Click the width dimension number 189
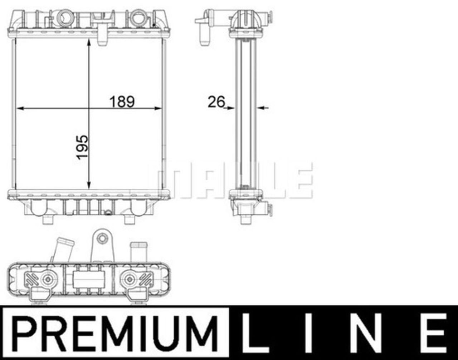click(122, 102)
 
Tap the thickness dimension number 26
click(216, 102)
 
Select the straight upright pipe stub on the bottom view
click(138, 252)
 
